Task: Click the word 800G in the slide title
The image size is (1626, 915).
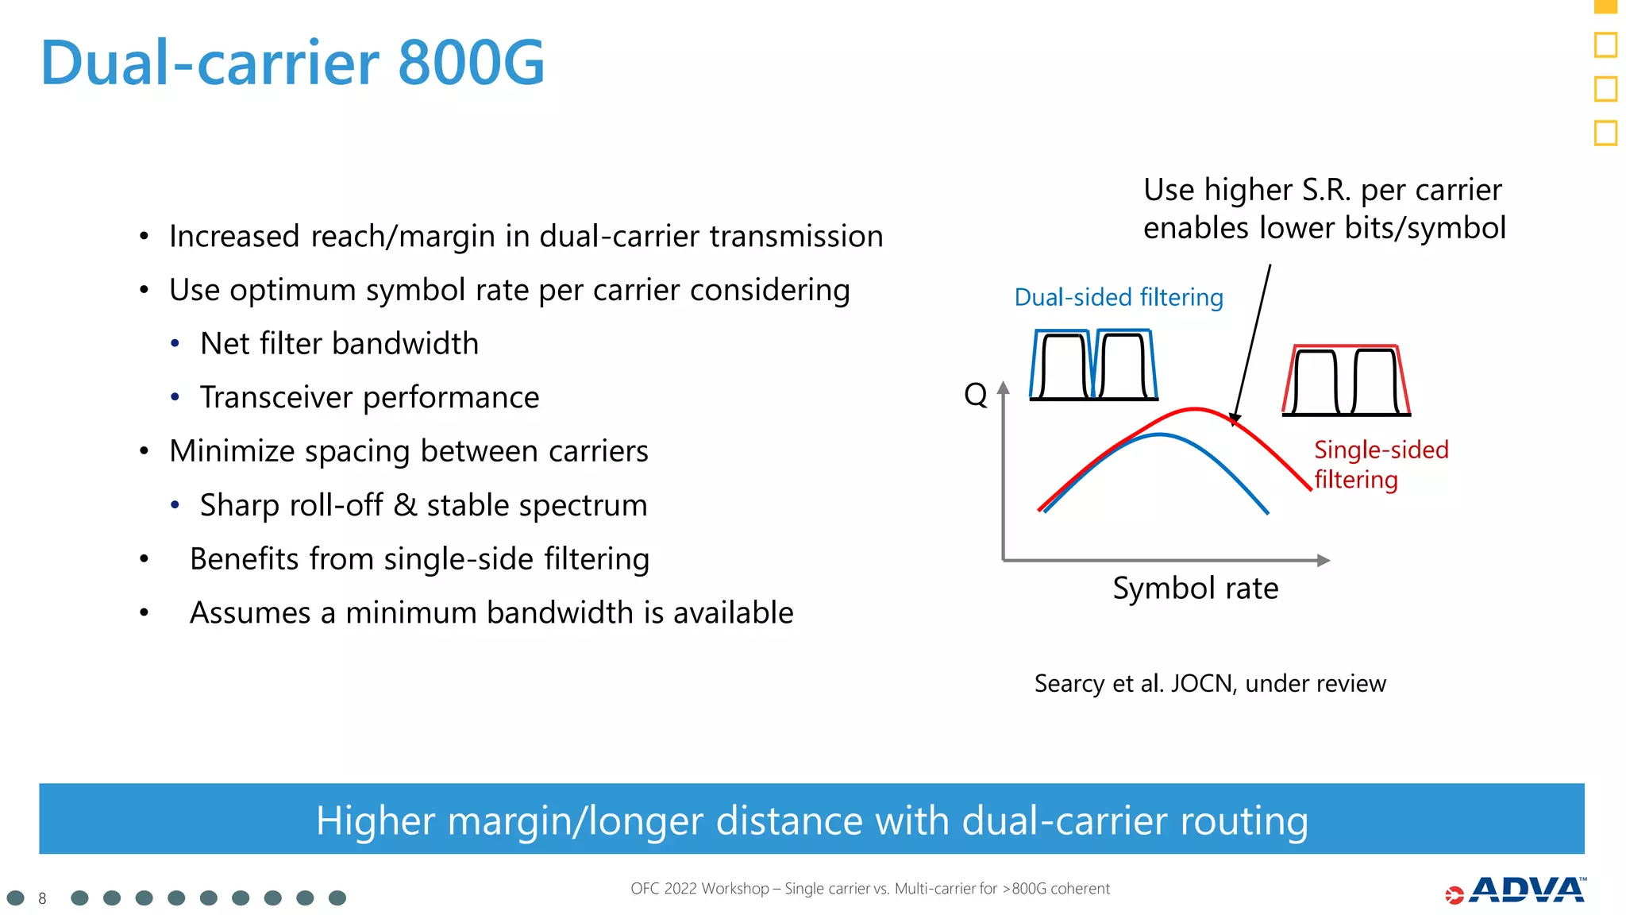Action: click(x=471, y=63)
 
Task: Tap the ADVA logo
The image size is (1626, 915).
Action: click(x=1516, y=891)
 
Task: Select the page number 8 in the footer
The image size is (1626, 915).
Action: click(x=42, y=898)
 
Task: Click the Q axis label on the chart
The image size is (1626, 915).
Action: click(x=975, y=394)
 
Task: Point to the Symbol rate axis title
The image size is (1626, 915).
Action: click(x=1195, y=589)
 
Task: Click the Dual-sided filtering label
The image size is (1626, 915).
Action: click(x=1118, y=297)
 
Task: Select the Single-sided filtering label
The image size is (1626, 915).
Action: click(x=1380, y=465)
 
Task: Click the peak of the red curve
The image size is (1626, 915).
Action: click(x=1196, y=409)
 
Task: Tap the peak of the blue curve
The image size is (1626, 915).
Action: click(x=1160, y=434)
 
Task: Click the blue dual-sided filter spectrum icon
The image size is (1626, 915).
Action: click(x=1093, y=365)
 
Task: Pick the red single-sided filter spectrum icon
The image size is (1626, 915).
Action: click(x=1347, y=380)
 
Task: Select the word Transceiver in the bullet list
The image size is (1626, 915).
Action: click(x=275, y=397)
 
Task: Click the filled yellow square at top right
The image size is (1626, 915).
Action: click(x=1605, y=6)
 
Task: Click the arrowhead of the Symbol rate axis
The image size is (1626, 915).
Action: click(x=1324, y=561)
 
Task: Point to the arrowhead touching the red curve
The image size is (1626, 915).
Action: click(x=1234, y=419)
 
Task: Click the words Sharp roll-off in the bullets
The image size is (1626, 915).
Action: click(x=291, y=505)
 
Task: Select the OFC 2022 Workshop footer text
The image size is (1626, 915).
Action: click(x=869, y=889)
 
